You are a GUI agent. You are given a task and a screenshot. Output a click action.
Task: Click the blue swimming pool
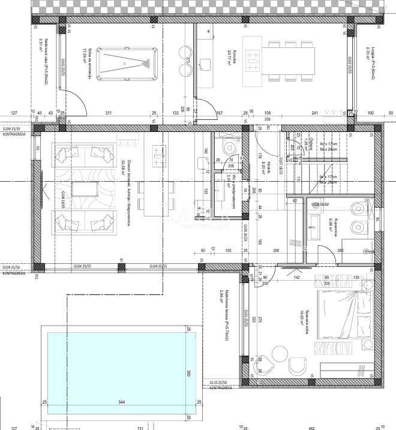tap(114, 372)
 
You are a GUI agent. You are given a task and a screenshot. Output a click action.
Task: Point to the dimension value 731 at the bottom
tap(140, 426)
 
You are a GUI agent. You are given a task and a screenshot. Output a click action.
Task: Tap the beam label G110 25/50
tap(221, 382)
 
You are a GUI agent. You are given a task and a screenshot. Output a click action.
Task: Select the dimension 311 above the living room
tap(109, 112)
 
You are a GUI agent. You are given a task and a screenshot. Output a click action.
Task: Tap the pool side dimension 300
tap(188, 372)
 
